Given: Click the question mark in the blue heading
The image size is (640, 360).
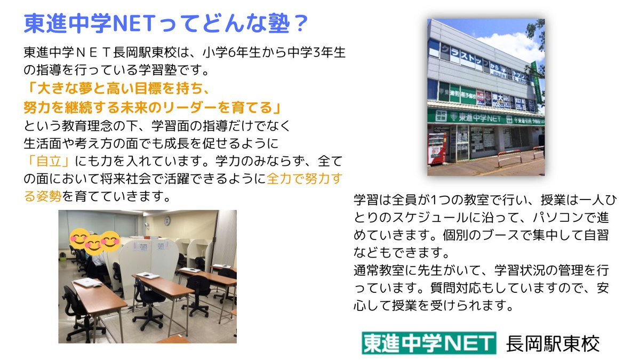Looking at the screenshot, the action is point(300,23).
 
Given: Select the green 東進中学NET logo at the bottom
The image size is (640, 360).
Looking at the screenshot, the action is point(429,343).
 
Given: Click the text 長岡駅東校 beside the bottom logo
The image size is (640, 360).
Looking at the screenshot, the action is point(553,343).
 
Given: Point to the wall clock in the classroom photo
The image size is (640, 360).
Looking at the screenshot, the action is point(167,220).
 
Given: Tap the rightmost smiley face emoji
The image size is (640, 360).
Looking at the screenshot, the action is point(110,242).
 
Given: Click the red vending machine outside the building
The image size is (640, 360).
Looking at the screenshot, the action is point(437,149).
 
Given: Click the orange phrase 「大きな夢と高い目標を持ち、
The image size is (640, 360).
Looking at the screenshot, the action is point(117,89).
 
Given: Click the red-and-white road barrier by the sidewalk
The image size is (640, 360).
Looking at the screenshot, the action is point(509,157).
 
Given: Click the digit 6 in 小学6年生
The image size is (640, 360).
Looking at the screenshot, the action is point(231,53).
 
